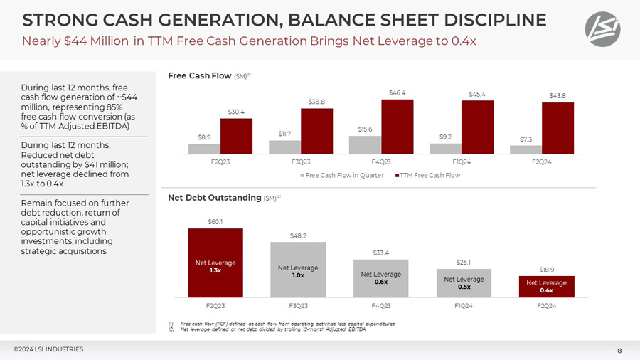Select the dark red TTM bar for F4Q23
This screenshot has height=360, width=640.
(397, 127)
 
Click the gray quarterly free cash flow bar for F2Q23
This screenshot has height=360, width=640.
(204, 149)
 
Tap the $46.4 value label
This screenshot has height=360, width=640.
(398, 92)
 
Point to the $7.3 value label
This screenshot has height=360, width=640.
(525, 139)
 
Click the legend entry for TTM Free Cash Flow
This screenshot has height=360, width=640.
(427, 175)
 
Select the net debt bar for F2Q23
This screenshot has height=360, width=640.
(215, 263)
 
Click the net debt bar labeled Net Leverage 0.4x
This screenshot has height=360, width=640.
(546, 287)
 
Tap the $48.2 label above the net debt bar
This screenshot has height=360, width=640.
(299, 235)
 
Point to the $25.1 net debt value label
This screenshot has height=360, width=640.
(464, 262)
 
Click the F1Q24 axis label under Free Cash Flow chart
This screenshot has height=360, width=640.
(462, 162)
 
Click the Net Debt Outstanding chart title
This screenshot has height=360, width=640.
(214, 197)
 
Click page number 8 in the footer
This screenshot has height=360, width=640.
(619, 350)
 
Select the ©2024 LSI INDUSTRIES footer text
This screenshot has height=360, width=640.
(48, 349)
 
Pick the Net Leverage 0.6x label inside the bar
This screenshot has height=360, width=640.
(381, 277)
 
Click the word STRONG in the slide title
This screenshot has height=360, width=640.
(52, 19)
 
